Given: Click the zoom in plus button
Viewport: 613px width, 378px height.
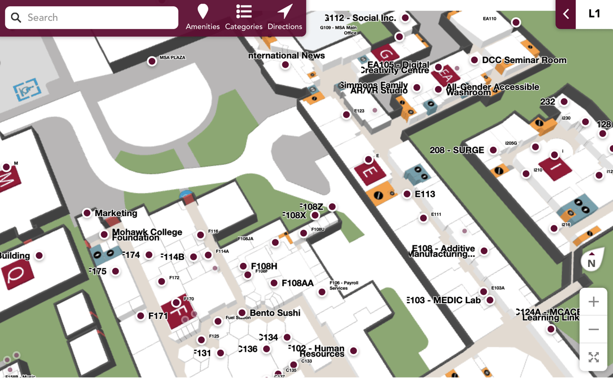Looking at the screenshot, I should click(593, 302).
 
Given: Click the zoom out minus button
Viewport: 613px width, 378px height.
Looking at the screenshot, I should click(593, 330).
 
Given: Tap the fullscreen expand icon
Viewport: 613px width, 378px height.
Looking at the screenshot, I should click(593, 357).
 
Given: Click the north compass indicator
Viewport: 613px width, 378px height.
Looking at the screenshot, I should click(592, 260).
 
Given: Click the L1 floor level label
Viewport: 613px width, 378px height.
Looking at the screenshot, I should click(594, 14).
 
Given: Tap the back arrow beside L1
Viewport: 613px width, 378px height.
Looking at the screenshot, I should click(566, 14).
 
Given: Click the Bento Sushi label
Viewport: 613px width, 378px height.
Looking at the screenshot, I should click(275, 313).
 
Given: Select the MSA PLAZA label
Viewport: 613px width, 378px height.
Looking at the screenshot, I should click(172, 58).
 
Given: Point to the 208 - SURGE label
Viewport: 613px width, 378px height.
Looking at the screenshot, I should click(457, 150).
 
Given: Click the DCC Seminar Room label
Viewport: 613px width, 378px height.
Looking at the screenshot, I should click(524, 60).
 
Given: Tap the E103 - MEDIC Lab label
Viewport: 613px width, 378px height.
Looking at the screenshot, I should click(444, 300).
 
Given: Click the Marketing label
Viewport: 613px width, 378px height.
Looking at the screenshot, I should click(116, 213).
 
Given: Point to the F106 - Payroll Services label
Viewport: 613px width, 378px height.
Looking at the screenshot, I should click(343, 286).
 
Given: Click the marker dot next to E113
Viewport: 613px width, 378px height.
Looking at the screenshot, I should click(407, 194).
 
